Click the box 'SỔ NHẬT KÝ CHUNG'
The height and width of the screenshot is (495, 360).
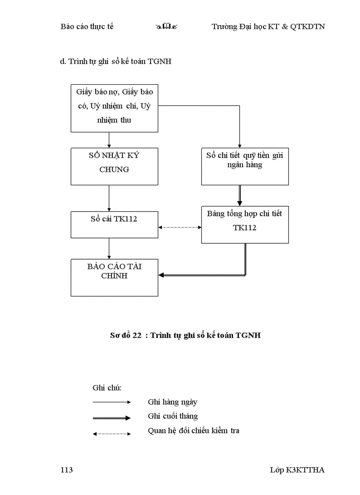pos(114,166)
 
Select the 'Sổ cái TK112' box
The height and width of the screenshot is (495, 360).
pos(114,224)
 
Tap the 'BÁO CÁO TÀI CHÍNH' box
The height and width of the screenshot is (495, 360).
pos(114,277)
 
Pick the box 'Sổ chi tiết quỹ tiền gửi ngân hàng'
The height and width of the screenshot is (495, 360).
pos(245,166)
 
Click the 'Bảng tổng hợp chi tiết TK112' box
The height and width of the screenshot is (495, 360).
pos(245,224)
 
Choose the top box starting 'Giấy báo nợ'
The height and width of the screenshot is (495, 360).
pos(114,108)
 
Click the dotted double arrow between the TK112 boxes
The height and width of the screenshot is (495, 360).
pos(180,227)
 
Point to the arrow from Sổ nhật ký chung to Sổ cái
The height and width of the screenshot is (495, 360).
pos(109,198)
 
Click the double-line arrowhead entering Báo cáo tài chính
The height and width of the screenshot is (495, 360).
pos(162,275)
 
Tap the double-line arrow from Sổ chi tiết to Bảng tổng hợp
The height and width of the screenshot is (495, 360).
pos(240,195)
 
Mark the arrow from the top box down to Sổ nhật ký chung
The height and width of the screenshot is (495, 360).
pos(109,140)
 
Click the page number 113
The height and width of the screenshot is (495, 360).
pos(67,470)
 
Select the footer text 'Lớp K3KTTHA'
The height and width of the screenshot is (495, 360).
pos(297,470)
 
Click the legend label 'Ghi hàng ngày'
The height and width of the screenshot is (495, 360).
pos(172,402)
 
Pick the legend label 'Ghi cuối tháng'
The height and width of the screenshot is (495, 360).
pos(173,416)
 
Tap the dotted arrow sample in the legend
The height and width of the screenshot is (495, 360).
pos(112,434)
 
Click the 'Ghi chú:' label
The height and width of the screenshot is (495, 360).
pos(107,388)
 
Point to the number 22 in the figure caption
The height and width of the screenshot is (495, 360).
pos(137,335)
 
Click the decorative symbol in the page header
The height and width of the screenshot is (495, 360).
pos(163,27)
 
